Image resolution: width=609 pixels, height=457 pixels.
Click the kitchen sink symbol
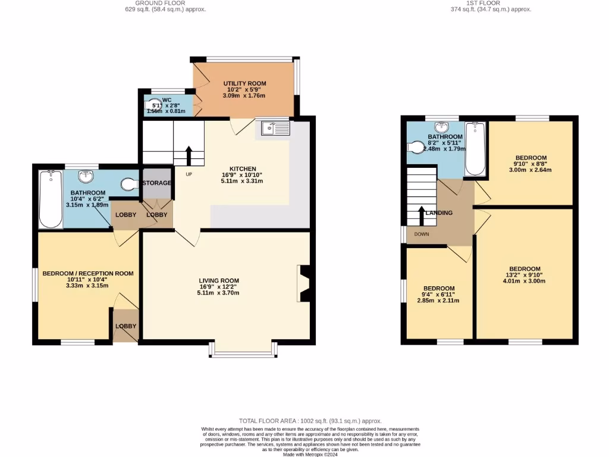tap(275, 127)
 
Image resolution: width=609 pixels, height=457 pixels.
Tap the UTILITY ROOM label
tap(244, 83)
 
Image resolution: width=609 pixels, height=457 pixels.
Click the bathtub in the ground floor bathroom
tap(50, 199)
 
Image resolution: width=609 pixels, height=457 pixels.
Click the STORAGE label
tap(157, 183)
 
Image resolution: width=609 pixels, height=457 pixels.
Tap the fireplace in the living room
tap(303, 283)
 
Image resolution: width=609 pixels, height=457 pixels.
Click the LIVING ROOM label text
tap(219, 280)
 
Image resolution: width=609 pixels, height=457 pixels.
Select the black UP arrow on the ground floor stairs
tap(189, 155)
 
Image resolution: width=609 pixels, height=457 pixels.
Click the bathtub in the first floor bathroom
tap(475, 149)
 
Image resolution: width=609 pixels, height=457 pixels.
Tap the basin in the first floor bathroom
tap(441, 127)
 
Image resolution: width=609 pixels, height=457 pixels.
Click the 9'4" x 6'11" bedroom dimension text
tap(438, 295)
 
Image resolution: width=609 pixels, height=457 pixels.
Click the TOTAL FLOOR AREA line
tap(310, 421)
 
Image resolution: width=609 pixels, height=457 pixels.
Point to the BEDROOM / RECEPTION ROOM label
tap(87, 273)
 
